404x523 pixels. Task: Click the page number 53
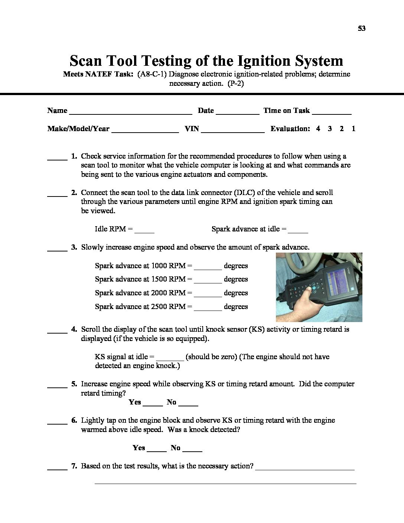point(362,29)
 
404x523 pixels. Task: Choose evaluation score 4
point(318,129)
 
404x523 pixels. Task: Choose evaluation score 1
point(353,129)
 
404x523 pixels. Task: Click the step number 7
point(74,466)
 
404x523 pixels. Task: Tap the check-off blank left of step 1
point(57,158)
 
